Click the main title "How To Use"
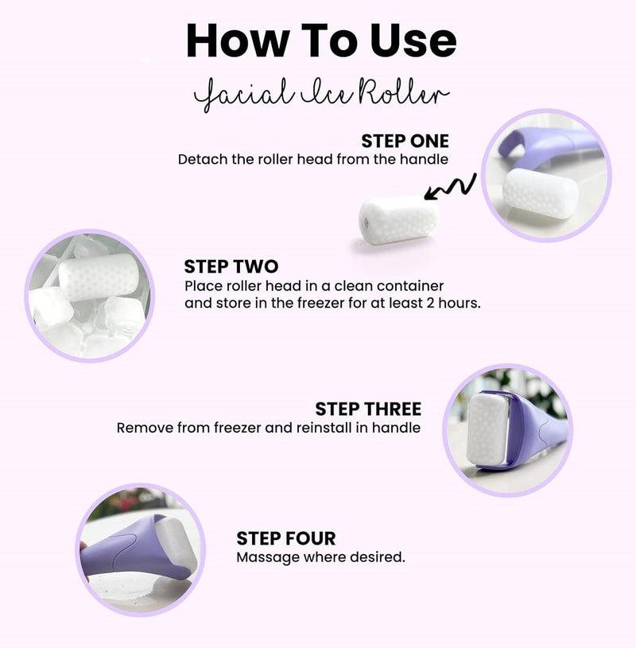pyautogui.click(x=321, y=41)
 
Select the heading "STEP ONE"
pyautogui.click(x=405, y=141)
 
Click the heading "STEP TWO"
pyautogui.click(x=231, y=266)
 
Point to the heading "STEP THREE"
pyautogui.click(x=368, y=409)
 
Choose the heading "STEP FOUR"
pyautogui.click(x=286, y=538)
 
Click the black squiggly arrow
pyautogui.click(x=451, y=188)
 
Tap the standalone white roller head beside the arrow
pyautogui.click(x=398, y=220)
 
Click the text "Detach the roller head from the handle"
pyautogui.click(x=313, y=159)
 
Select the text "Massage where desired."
pyautogui.click(x=320, y=557)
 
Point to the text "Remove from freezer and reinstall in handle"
pyautogui.click(x=269, y=428)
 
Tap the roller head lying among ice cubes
pyautogui.click(x=99, y=277)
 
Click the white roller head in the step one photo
pyautogui.click(x=541, y=193)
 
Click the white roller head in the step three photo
pyautogui.click(x=487, y=427)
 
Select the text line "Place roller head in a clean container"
pyautogui.click(x=314, y=285)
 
